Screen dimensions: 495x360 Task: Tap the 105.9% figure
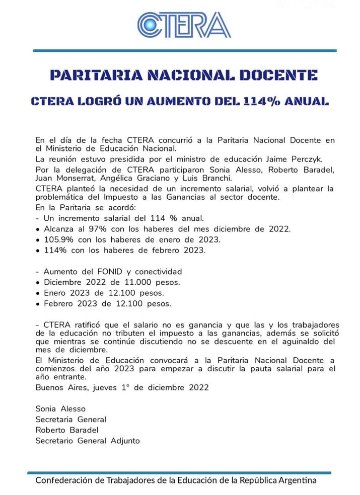coord(58,239)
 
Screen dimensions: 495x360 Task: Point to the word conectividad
coord(156,272)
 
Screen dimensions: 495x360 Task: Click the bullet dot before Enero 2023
coord(38,293)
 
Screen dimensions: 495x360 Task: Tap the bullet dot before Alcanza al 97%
coord(38,229)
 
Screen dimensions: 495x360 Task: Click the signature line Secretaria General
coord(70,420)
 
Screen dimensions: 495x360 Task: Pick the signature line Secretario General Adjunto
coord(88,441)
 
